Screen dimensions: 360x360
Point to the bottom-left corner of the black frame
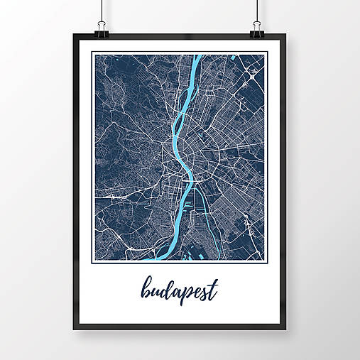74,329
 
